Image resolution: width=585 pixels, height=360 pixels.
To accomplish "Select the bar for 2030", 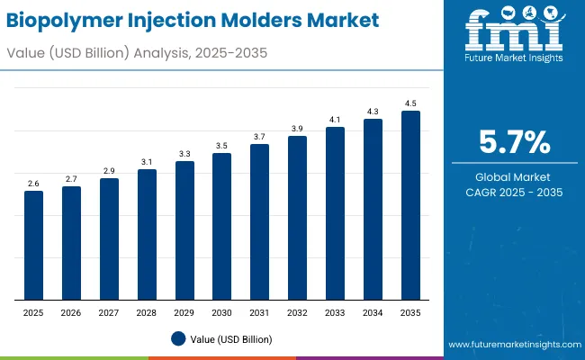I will coord(222,226).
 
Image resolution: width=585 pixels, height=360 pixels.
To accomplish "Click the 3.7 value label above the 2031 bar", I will coord(259,136).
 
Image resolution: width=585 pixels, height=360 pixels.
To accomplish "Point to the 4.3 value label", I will coord(373,111).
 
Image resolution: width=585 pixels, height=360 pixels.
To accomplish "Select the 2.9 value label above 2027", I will coord(109,170).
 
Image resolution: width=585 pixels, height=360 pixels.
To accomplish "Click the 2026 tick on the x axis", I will coord(71,311).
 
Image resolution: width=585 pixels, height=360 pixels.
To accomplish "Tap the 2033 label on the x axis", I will coord(335,311).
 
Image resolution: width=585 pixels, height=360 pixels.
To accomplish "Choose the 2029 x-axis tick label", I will coord(184,311).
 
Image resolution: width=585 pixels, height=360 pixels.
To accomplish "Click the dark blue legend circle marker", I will coord(178,338).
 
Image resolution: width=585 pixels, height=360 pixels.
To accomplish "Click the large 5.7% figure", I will coord(512,143).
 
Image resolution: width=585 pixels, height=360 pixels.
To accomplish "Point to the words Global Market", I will coord(512,176).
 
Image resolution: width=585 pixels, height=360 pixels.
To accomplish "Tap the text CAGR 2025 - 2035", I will coord(512,193).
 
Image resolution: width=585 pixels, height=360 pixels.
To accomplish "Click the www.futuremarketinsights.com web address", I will coord(510,345).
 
